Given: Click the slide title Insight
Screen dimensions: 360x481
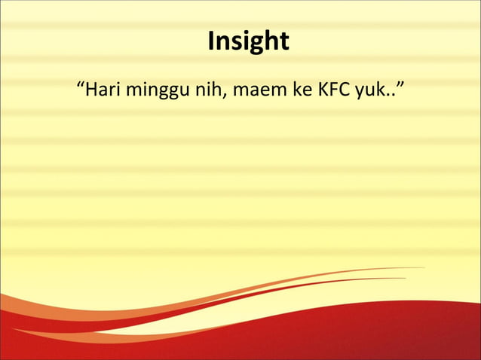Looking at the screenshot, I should (x=248, y=41).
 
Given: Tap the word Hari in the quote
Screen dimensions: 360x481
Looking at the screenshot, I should (x=104, y=93).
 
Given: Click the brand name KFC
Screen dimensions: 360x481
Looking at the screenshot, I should (x=333, y=93).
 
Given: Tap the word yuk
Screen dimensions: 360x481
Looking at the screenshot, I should (x=370, y=94).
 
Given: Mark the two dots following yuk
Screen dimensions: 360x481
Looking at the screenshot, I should (x=390, y=99).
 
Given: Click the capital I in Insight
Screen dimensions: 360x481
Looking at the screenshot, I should (x=211, y=41).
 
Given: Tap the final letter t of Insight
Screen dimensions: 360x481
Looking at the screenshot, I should (x=283, y=41).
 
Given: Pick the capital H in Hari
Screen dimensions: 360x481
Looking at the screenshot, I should (x=94, y=93).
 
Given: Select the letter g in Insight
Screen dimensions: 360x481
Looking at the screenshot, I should (x=255, y=45).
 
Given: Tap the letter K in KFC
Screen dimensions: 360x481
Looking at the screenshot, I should (x=321, y=93).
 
